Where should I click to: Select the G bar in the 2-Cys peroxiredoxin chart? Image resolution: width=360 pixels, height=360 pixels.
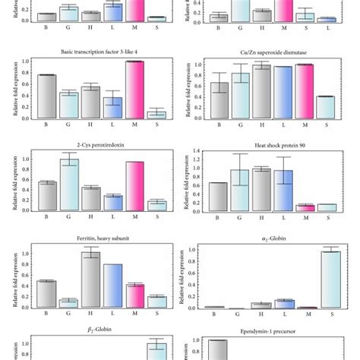[x=69, y=184]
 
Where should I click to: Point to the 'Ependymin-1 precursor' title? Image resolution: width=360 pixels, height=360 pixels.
[x=261, y=333]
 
